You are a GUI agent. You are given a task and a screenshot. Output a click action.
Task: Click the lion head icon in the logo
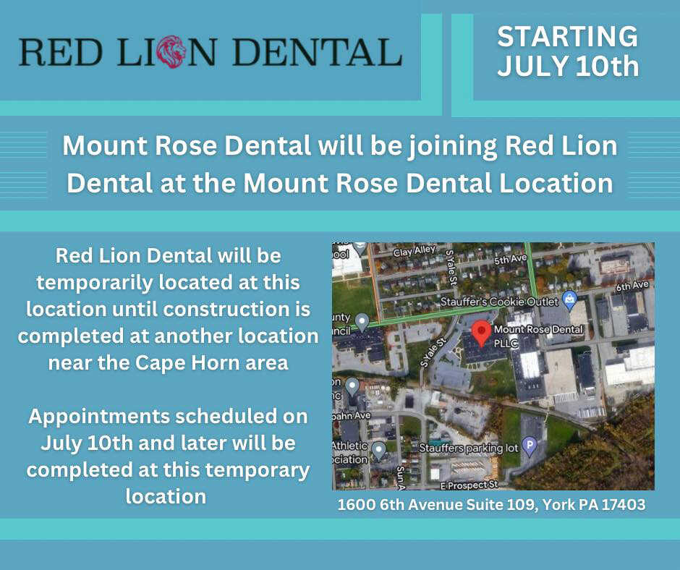(x=171, y=52)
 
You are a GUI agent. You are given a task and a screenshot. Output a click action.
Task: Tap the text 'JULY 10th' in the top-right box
(x=568, y=67)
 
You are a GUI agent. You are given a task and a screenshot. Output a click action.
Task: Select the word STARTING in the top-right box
(x=568, y=36)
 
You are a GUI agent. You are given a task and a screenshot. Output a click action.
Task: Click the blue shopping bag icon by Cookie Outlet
(x=569, y=297)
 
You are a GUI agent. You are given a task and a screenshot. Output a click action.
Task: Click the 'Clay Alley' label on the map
(x=414, y=251)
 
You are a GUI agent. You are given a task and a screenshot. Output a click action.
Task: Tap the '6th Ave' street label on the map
(x=632, y=286)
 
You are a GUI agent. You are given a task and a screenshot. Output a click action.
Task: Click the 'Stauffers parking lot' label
(x=469, y=448)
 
